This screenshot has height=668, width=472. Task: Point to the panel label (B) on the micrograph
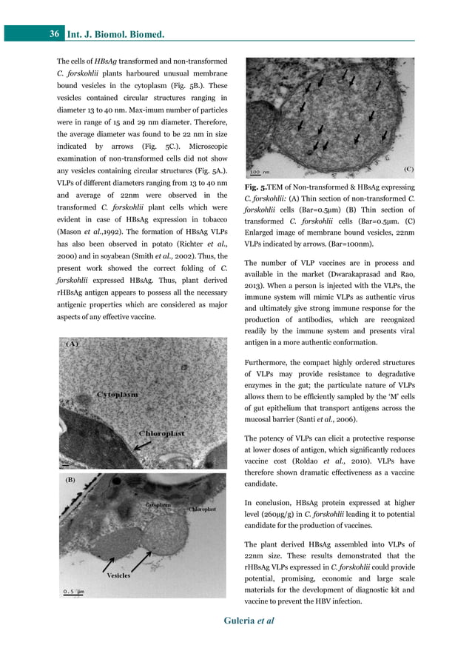tap(72, 479)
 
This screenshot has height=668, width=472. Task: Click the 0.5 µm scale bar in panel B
tap(73, 591)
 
